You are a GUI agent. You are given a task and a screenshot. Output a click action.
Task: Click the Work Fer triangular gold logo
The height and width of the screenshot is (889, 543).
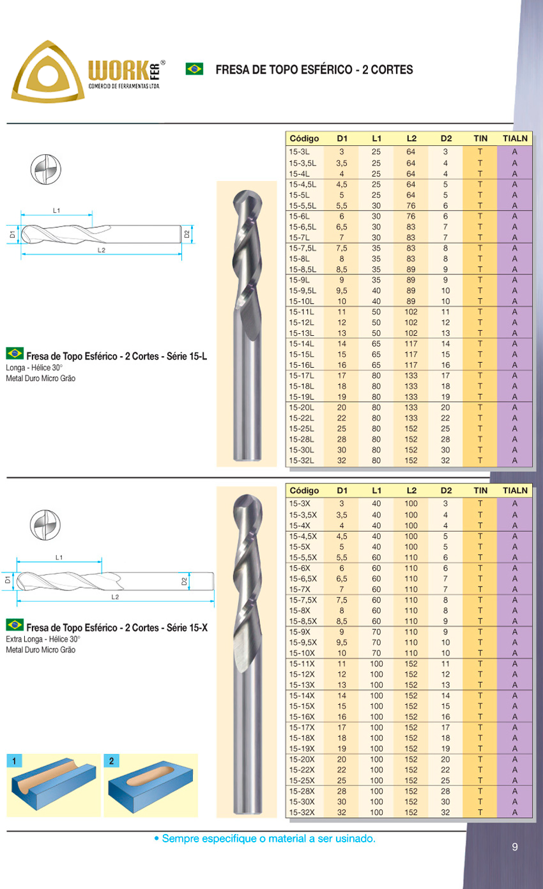48,72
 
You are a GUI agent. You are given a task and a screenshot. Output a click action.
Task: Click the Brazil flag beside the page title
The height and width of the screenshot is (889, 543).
194,68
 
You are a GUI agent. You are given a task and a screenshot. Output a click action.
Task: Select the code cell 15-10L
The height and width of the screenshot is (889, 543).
300,301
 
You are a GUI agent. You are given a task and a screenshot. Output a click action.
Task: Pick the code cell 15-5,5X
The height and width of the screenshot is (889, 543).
303,557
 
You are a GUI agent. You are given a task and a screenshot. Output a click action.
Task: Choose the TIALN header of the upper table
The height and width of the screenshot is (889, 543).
515,138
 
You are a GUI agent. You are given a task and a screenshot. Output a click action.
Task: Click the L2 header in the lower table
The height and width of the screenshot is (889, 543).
411,491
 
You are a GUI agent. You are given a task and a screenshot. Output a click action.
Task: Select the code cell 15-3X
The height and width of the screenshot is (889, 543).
298,504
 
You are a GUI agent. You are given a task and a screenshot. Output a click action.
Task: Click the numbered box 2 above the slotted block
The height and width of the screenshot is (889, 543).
111,761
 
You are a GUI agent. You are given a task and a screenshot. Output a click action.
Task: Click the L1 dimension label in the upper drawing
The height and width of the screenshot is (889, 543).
56,210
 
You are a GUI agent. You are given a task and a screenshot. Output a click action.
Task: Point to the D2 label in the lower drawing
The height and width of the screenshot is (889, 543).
184,581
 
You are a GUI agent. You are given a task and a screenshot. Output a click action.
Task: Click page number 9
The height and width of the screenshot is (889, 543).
514,847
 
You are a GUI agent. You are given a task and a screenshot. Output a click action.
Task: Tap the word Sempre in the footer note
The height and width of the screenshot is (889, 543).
179,838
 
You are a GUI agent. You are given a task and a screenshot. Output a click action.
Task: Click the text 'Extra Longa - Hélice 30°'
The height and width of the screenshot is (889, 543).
43,639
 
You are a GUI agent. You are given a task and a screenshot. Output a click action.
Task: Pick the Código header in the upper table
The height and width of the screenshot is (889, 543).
304,138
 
